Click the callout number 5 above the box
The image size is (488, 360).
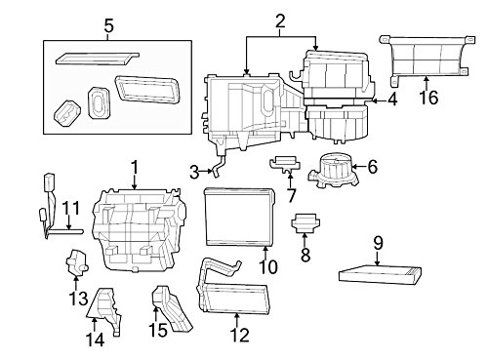click(x=109, y=26)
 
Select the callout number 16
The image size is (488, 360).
click(x=428, y=97)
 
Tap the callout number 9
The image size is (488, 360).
click(x=378, y=243)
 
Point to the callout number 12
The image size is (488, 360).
click(x=240, y=335)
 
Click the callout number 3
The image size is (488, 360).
click(x=194, y=173)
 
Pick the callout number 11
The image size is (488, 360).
click(x=71, y=209)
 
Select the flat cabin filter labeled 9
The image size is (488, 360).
click(x=381, y=276)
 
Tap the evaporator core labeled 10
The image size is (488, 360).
click(x=240, y=218)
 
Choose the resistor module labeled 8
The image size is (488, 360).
click(x=305, y=223)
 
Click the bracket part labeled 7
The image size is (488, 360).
click(x=284, y=164)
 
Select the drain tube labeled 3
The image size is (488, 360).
click(x=219, y=166)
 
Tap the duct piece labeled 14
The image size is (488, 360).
click(x=104, y=310)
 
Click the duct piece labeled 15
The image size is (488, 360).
click(x=172, y=308)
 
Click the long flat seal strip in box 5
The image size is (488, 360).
click(x=97, y=59)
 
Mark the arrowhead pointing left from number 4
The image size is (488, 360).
click(x=374, y=100)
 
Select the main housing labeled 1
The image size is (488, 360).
click(x=140, y=228)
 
